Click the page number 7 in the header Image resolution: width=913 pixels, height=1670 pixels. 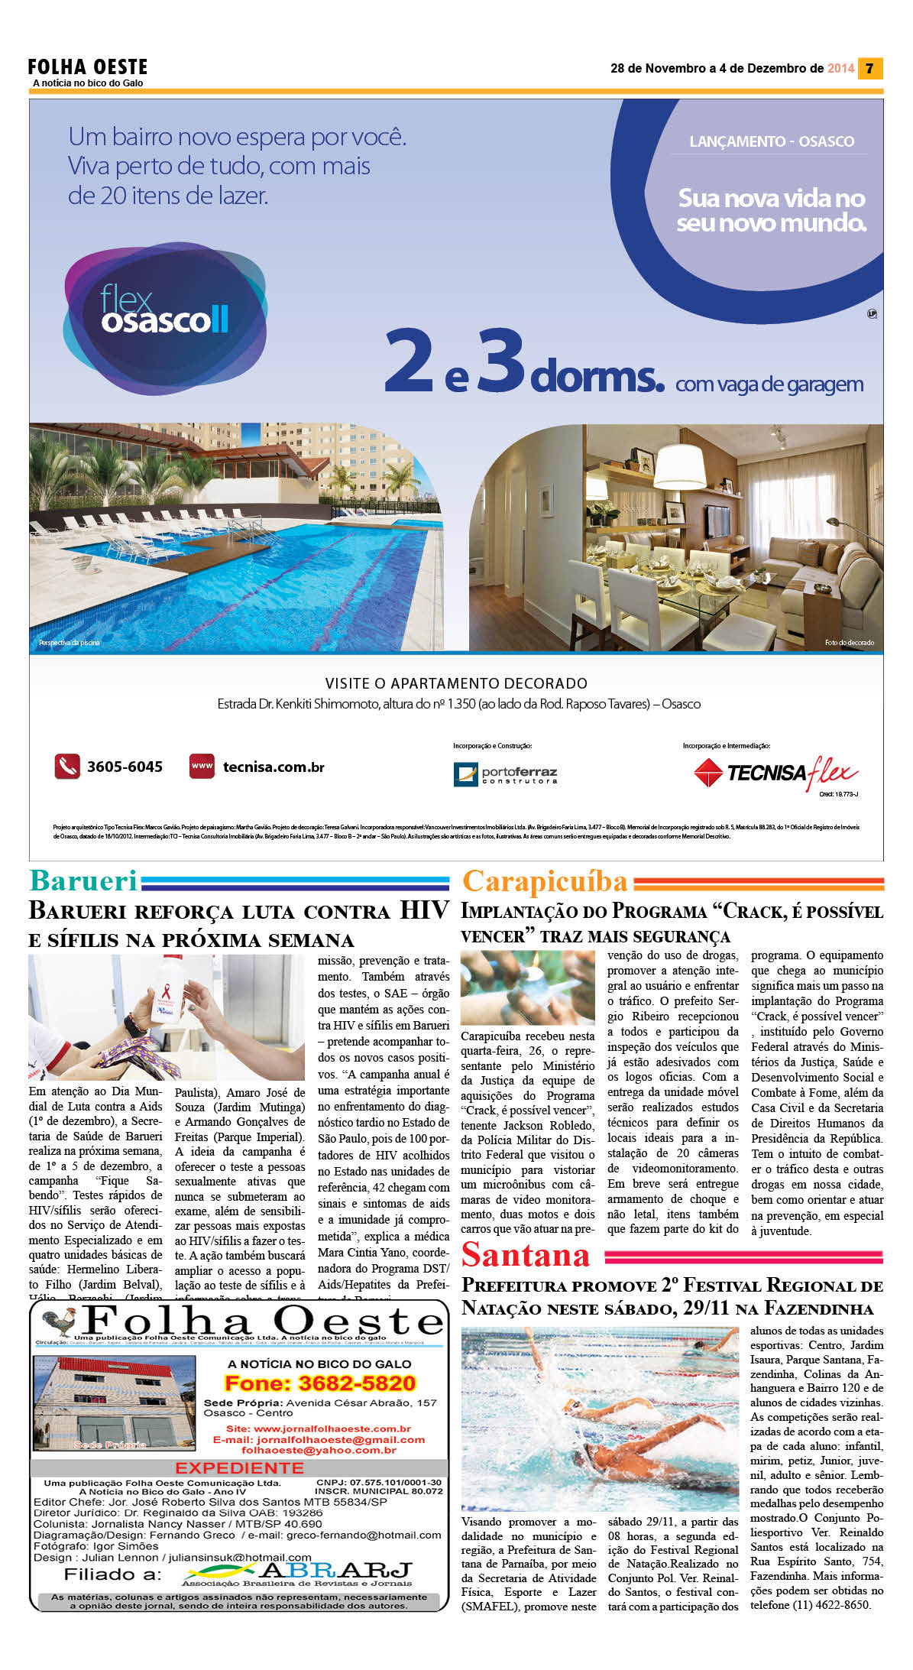click(x=869, y=68)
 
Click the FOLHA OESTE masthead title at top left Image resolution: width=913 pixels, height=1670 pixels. click(x=88, y=66)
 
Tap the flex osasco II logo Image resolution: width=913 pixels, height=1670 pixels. click(x=164, y=315)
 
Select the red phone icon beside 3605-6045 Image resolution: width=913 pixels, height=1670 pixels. click(x=67, y=766)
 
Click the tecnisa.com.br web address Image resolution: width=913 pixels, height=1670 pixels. click(x=273, y=767)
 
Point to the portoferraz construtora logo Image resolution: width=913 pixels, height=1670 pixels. click(x=505, y=774)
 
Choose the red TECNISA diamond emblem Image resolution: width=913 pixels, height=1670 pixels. click(x=707, y=773)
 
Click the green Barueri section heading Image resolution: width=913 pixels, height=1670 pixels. click(x=83, y=880)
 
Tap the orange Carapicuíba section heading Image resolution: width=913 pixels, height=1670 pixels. click(x=545, y=881)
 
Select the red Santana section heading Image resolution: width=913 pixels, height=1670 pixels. click(x=526, y=1255)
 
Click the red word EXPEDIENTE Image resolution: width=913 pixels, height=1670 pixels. click(x=239, y=1467)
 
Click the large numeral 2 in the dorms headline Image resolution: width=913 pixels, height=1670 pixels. click(x=410, y=361)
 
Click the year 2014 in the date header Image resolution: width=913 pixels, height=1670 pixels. click(x=840, y=68)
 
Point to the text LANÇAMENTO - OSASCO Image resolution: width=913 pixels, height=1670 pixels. click(x=772, y=141)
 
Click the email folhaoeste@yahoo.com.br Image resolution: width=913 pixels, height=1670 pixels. click(x=319, y=1450)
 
